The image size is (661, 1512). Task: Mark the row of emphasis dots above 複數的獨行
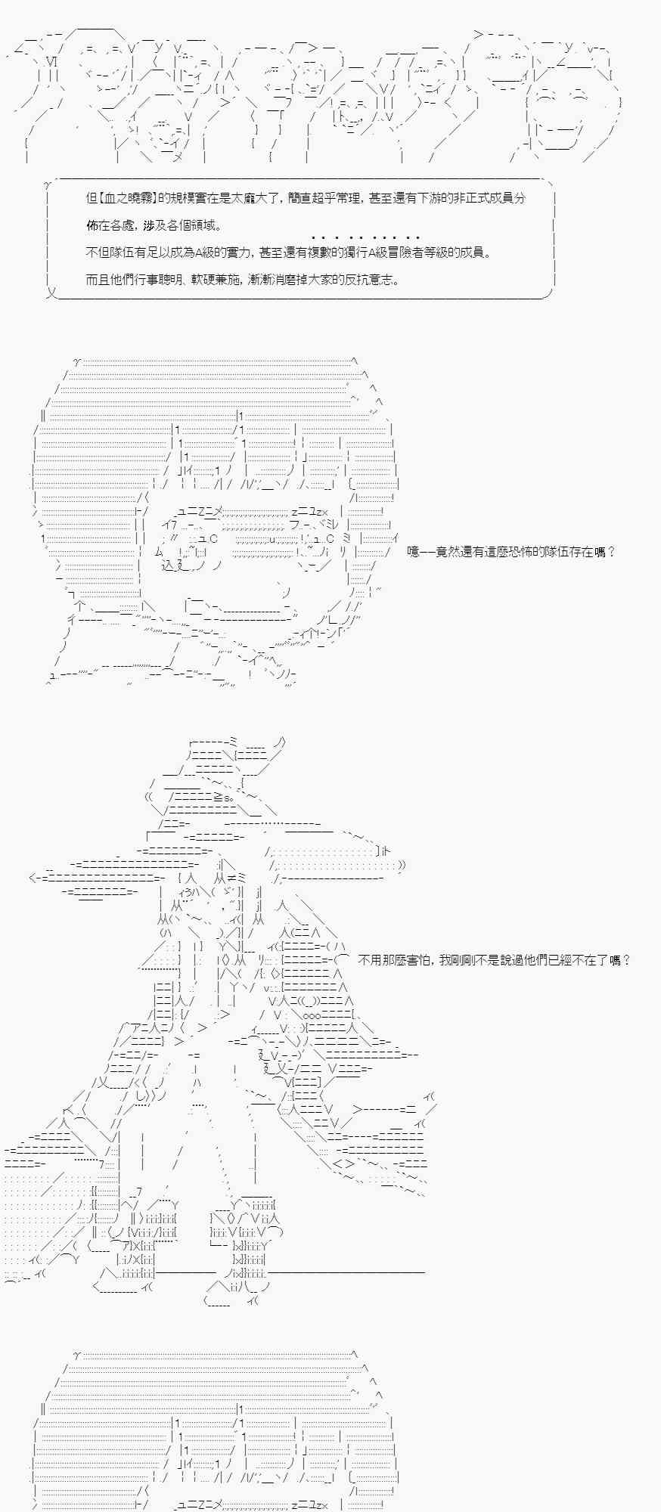click(x=365, y=238)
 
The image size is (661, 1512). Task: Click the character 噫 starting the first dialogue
click(x=413, y=552)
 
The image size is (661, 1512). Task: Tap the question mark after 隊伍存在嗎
click(x=611, y=552)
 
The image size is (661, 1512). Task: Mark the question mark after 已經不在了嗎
click(x=626, y=960)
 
